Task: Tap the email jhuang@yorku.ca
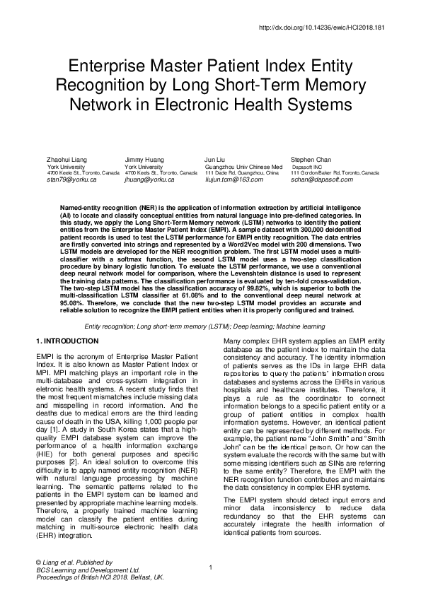point(149,180)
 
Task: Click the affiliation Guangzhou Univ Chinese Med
point(240,167)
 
